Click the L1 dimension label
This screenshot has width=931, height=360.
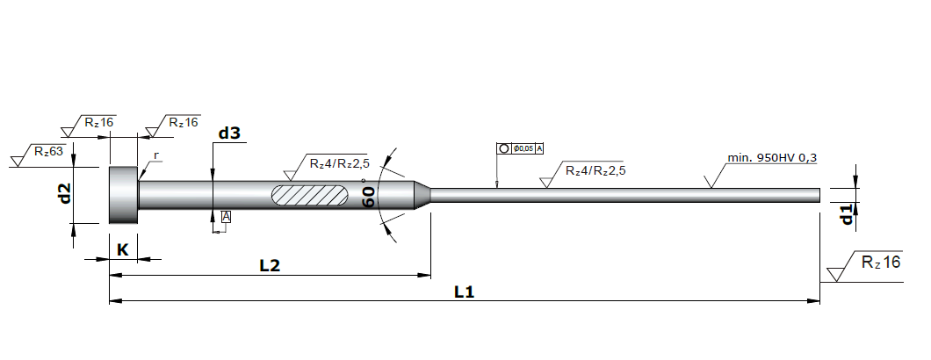pyautogui.click(x=465, y=292)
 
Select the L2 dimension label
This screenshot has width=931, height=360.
pyautogui.click(x=270, y=265)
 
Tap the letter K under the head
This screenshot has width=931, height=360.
pyautogui.click(x=122, y=249)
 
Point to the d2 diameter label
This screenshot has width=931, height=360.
pyautogui.click(x=65, y=192)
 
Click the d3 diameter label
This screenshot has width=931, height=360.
pyautogui.click(x=229, y=133)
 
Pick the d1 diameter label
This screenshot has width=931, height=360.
pyautogui.click(x=848, y=214)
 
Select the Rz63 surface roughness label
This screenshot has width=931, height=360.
pyautogui.click(x=48, y=151)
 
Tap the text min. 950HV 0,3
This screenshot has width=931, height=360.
pyautogui.click(x=772, y=158)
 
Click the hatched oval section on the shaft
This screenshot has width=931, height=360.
pyautogui.click(x=311, y=196)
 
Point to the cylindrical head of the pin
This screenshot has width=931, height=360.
pyautogui.click(x=124, y=195)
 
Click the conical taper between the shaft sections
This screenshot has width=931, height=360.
pyautogui.click(x=422, y=196)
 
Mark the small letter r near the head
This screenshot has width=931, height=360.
pyautogui.click(x=156, y=155)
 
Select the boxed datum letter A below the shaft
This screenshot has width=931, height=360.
pyautogui.click(x=226, y=217)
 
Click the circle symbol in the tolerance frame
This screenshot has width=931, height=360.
pyautogui.click(x=503, y=148)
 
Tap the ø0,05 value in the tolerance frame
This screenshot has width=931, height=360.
pyautogui.click(x=523, y=148)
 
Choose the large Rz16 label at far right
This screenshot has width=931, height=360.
pyautogui.click(x=881, y=262)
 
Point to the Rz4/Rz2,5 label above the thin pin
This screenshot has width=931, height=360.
pyautogui.click(x=595, y=170)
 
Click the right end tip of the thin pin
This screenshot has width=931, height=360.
pyautogui.click(x=820, y=196)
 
